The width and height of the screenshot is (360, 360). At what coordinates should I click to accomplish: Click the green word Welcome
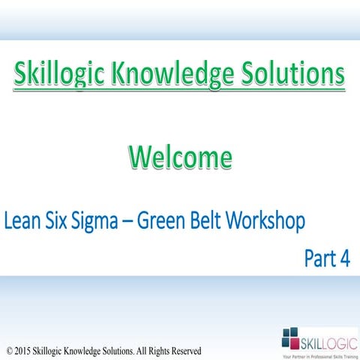coord(179,157)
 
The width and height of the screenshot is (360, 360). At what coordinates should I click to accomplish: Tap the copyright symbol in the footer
coord(8,350)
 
